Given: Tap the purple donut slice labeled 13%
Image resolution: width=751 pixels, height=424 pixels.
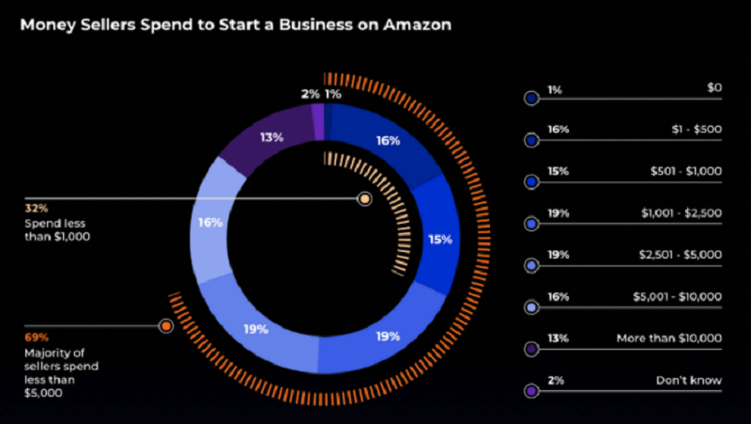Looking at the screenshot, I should pyautogui.click(x=273, y=138).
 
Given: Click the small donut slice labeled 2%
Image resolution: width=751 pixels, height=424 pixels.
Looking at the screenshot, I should pyautogui.click(x=317, y=118).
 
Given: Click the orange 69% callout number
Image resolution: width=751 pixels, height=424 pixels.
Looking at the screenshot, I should pyautogui.click(x=36, y=337).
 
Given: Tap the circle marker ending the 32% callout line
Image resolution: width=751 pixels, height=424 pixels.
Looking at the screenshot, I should pyautogui.click(x=364, y=199).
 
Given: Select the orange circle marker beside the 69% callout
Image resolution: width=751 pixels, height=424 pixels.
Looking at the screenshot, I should pyautogui.click(x=166, y=326).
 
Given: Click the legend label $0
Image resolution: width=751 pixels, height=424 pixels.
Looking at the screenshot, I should pyautogui.click(x=713, y=89).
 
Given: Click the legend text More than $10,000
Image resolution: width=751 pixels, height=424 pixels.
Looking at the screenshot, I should pyautogui.click(x=668, y=338).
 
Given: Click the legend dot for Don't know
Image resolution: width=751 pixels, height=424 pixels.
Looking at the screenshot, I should pyautogui.click(x=532, y=390).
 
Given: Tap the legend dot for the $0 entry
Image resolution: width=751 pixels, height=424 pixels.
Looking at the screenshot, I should pyautogui.click(x=532, y=98).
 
